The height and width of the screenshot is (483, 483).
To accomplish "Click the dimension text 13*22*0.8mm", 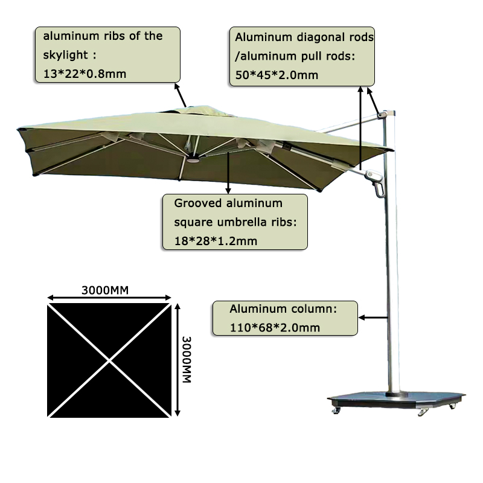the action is pos(85,74).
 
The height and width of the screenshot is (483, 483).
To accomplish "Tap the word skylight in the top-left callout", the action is pos(65,55).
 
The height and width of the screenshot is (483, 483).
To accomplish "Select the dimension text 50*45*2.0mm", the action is pos(277,75).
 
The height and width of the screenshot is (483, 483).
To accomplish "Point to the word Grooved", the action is pos(198,203).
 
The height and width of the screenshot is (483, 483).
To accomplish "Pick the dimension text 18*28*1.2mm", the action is pos(216,241).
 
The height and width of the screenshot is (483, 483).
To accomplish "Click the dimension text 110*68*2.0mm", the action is pos(275,327).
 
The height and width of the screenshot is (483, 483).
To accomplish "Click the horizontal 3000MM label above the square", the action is pos(104,290).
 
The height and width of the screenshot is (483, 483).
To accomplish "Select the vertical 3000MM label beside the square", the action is pos(187,359).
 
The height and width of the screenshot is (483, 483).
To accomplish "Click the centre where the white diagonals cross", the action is pos(109,360).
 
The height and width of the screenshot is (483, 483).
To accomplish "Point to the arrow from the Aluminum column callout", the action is pos(373,318).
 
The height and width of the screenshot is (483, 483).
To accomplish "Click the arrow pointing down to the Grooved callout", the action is pos(228,173).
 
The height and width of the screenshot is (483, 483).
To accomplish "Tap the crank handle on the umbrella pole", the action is pos(378,187).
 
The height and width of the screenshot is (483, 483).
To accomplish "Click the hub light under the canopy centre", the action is pos(192,160).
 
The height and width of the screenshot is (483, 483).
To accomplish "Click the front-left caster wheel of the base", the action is pos(336,411).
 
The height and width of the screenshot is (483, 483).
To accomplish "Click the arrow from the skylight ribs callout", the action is pos(180,95).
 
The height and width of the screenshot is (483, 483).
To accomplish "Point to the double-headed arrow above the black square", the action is pos(109,298).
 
